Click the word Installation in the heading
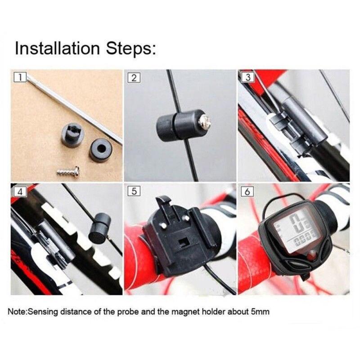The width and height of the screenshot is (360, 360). pos(56,48)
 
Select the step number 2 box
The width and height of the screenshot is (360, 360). pos(133,77)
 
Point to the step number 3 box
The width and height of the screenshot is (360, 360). pos(247,77)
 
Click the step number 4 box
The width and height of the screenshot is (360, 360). pos(19,191)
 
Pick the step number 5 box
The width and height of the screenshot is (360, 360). pos(133,191)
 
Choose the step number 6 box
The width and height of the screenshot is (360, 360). pos(247,191)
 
